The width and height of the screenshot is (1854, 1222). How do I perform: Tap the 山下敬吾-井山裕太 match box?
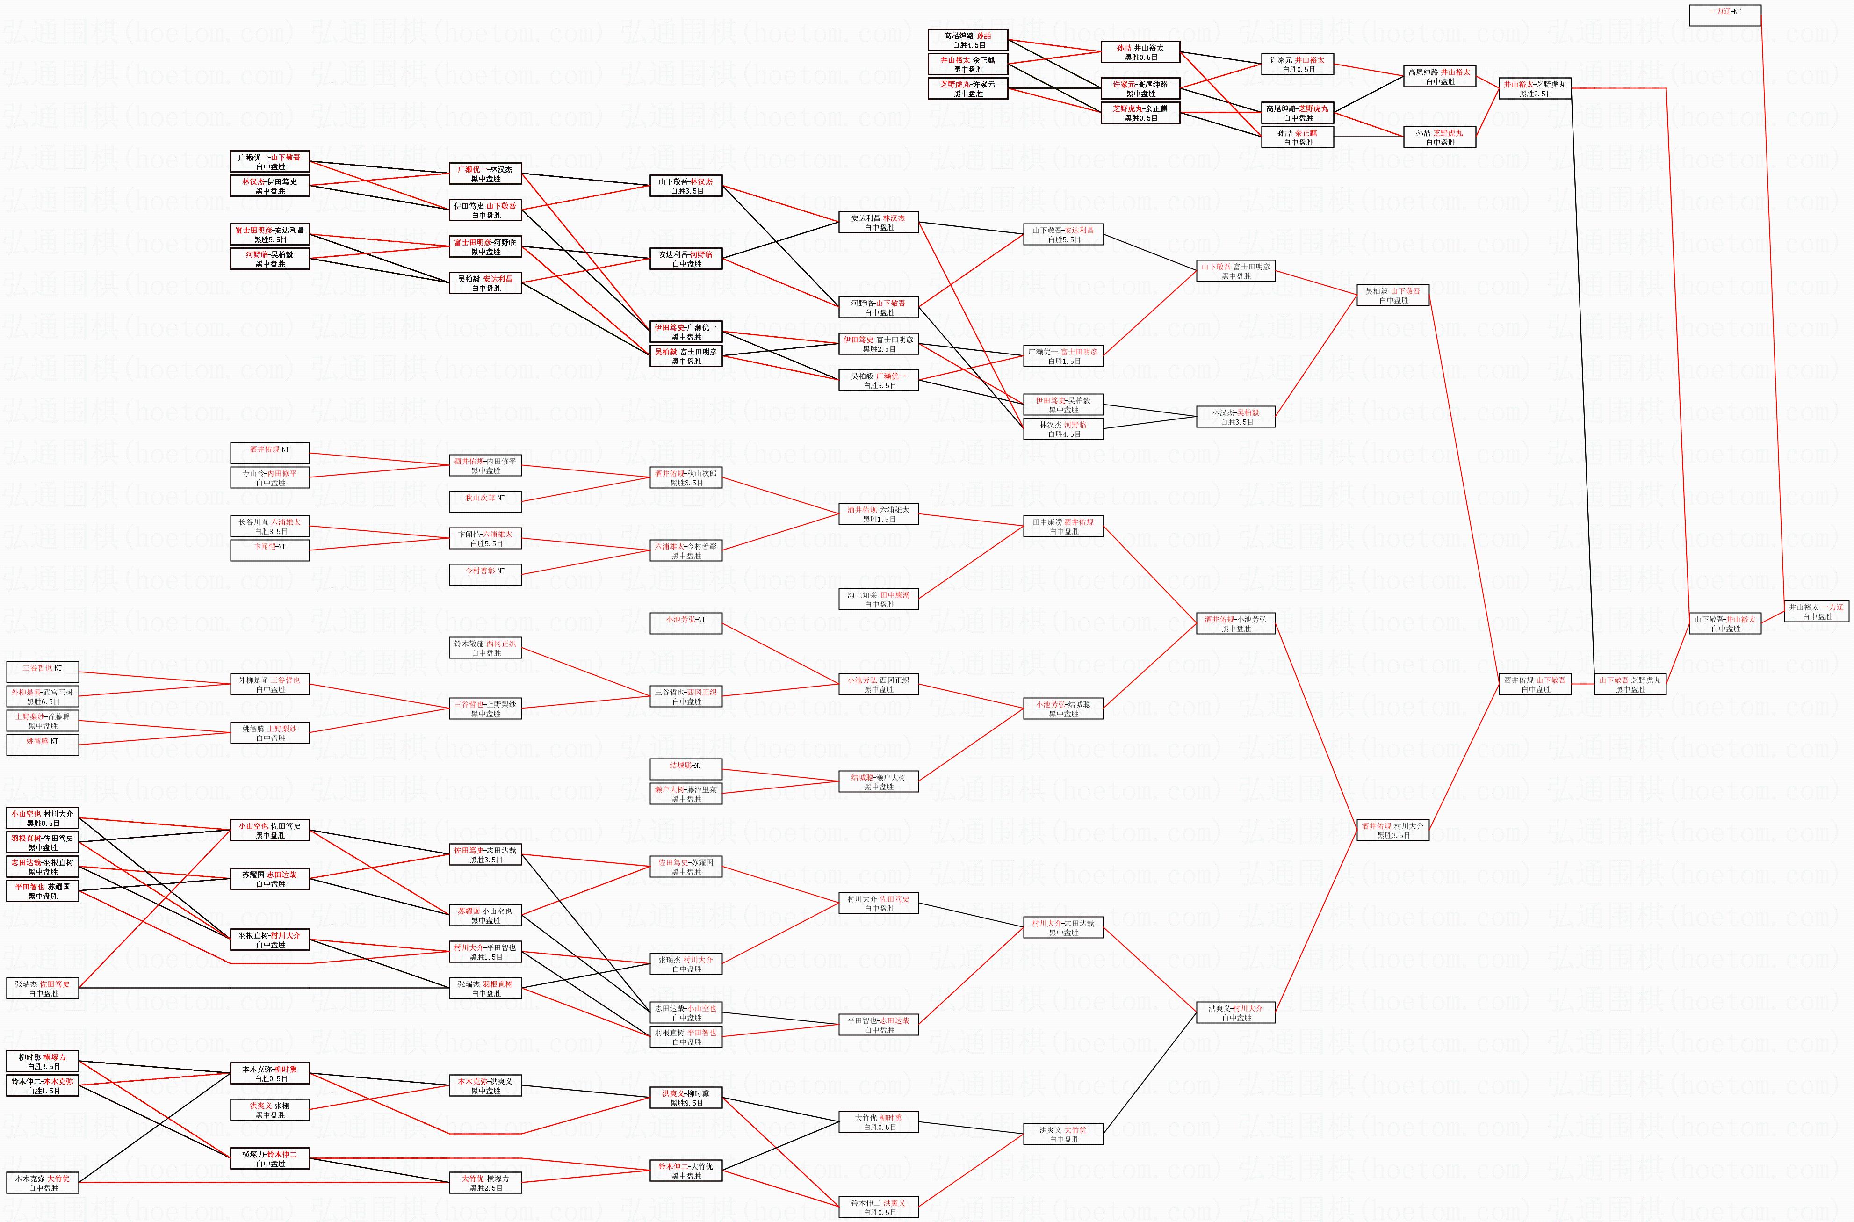1724,623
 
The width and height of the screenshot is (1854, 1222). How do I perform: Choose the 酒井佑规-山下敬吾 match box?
1535,684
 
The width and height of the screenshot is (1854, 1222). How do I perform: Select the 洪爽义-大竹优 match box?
1062,1134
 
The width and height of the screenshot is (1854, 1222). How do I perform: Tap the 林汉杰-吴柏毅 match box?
1235,417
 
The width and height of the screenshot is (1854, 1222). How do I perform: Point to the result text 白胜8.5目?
270,532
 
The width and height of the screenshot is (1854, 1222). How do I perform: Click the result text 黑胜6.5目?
43,701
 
